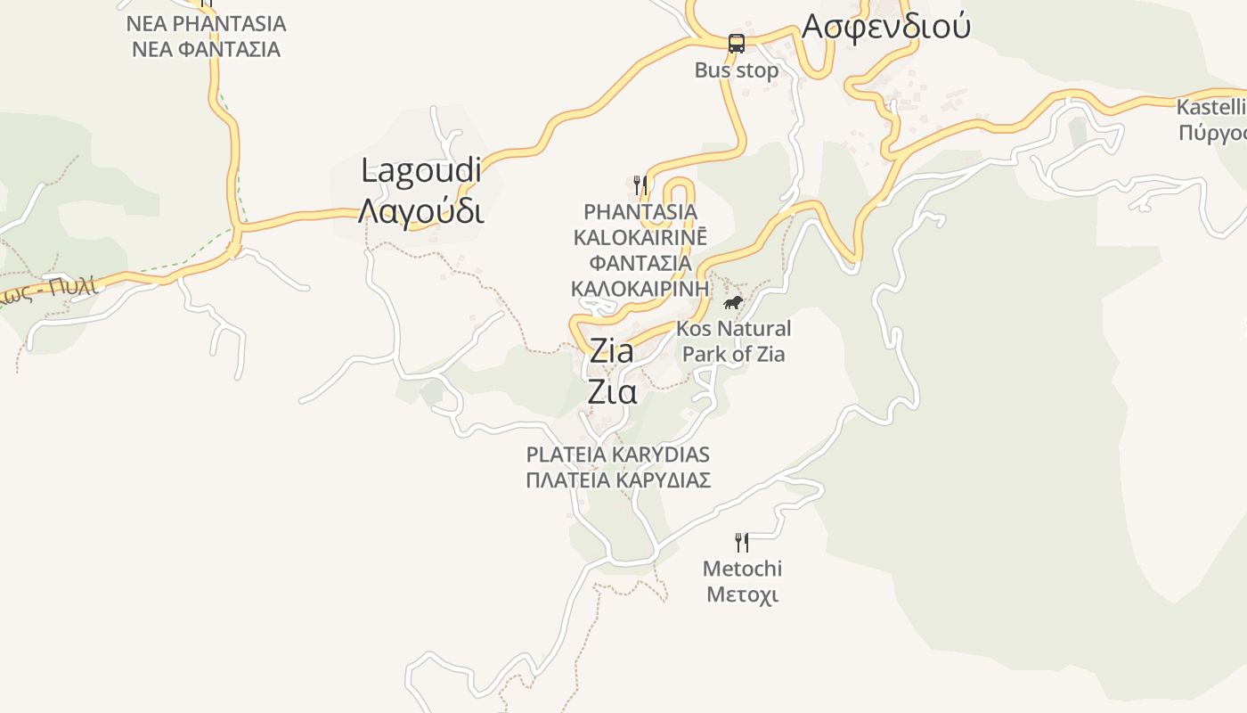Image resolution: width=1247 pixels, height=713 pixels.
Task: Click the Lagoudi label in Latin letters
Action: pyautogui.click(x=421, y=170)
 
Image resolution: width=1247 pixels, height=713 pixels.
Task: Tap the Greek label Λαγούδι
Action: pyautogui.click(x=421, y=211)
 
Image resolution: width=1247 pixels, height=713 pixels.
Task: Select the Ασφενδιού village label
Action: pyautogui.click(x=885, y=27)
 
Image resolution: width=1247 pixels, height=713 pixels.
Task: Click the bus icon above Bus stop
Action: pyautogui.click(x=737, y=43)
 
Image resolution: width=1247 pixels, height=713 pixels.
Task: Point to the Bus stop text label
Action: pyautogui.click(x=737, y=70)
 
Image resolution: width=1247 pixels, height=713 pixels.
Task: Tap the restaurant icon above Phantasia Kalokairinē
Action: pyautogui.click(x=640, y=184)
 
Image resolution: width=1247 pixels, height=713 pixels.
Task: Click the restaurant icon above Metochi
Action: pyautogui.click(x=741, y=540)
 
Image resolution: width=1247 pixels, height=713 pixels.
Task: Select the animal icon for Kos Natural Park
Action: pyautogui.click(x=733, y=303)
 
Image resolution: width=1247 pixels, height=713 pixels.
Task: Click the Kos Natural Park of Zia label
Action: pyautogui.click(x=734, y=341)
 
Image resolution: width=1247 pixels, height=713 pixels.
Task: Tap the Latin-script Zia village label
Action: pyautogui.click(x=612, y=350)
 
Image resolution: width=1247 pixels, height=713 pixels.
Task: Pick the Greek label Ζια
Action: pyautogui.click(x=612, y=392)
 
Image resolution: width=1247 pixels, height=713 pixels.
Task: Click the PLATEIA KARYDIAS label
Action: pyautogui.click(x=618, y=455)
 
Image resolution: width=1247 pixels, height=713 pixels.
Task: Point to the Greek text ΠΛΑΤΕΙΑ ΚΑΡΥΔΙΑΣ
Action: pyautogui.click(x=618, y=480)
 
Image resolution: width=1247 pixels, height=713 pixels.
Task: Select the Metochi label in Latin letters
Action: pyautogui.click(x=742, y=569)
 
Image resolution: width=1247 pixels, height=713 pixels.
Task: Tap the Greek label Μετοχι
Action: pyautogui.click(x=742, y=594)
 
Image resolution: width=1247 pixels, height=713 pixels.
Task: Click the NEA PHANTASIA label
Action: pyautogui.click(x=206, y=23)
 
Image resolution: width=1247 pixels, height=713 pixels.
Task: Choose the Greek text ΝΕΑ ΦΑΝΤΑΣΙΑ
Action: pyautogui.click(x=206, y=49)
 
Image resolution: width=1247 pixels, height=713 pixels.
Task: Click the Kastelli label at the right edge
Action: pyautogui.click(x=1210, y=108)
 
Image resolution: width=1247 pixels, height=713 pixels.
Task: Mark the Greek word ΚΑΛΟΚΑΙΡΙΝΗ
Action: pyautogui.click(x=640, y=289)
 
